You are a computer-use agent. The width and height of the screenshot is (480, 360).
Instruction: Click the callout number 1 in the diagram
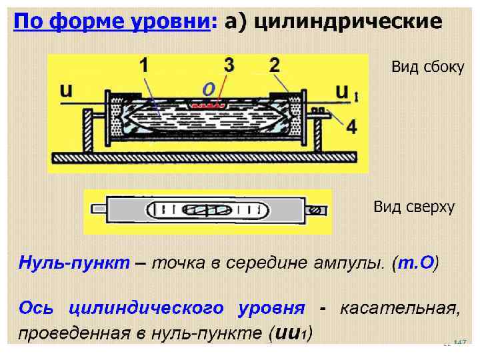tap(143, 65)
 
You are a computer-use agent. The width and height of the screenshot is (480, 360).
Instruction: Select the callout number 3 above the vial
tap(229, 65)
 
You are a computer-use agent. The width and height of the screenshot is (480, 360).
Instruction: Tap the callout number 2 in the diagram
tap(274, 65)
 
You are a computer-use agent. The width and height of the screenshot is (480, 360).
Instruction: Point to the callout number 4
tap(351, 125)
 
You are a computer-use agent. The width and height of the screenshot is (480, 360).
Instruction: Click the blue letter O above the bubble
tap(208, 89)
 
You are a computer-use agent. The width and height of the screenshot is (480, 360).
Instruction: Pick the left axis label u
tap(67, 90)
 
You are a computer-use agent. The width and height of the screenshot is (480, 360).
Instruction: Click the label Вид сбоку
tap(427, 67)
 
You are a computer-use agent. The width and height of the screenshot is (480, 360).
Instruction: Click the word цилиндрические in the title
tap(348, 21)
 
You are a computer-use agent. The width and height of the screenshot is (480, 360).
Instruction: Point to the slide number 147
tap(459, 343)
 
